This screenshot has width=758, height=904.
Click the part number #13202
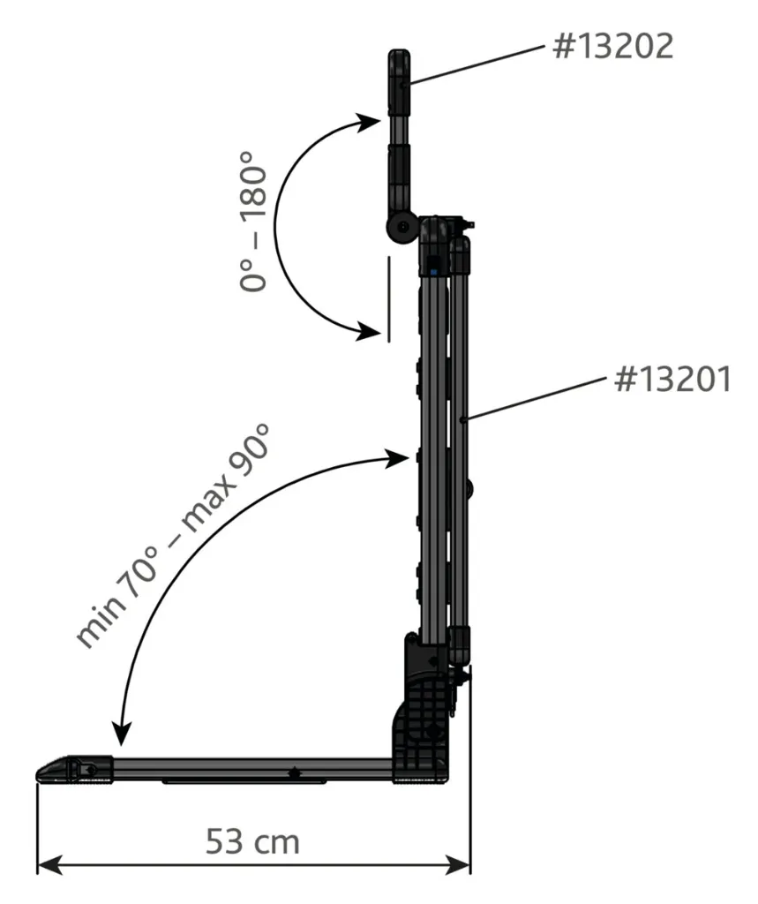point(612,46)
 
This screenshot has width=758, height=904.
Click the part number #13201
point(672,379)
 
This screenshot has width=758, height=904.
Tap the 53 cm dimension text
point(252,841)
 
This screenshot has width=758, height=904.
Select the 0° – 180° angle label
point(253,221)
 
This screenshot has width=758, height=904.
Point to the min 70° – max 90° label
point(172,536)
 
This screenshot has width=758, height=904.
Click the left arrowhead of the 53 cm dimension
point(49,865)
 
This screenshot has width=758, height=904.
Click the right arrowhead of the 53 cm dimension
point(458,865)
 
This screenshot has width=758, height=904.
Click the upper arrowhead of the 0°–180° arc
point(369,122)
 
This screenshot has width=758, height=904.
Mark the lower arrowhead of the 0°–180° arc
point(369,332)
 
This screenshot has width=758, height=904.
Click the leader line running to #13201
point(536,398)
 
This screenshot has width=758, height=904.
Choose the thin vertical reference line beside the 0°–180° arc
point(389,299)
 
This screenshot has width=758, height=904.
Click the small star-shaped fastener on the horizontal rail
point(295,773)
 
